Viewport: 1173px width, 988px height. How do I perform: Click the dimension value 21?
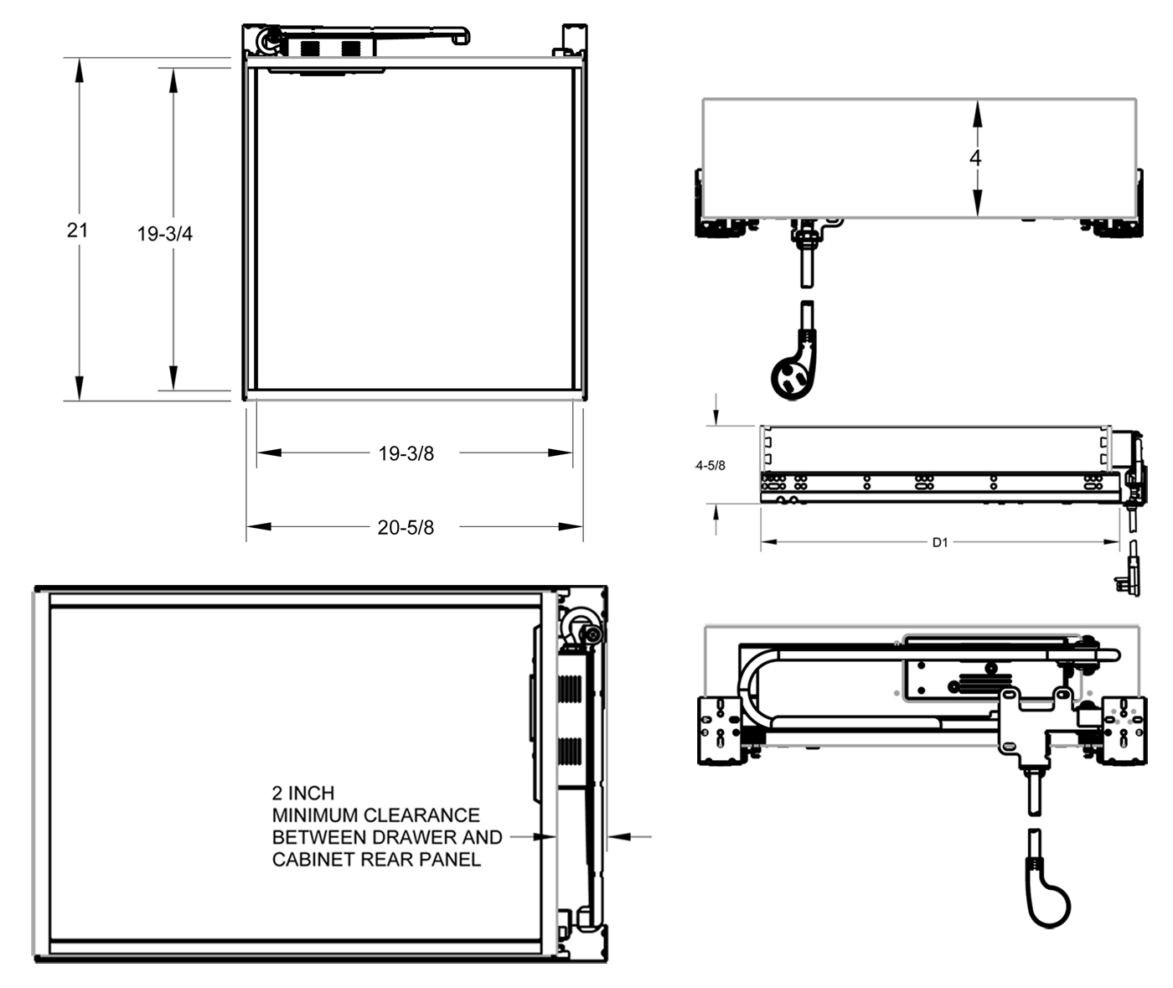(77, 230)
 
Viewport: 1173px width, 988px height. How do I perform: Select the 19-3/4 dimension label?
(165, 234)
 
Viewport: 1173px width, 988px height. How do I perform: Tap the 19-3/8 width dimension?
(406, 453)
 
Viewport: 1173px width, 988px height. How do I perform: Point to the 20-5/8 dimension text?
(406, 527)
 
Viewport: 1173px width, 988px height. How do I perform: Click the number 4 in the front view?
(975, 158)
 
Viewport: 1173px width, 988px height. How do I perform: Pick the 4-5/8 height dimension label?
(711, 465)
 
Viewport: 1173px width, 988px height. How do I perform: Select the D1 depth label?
(940, 542)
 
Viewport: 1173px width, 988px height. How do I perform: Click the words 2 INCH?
(302, 793)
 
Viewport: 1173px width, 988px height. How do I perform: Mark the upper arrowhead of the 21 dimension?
(79, 70)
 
